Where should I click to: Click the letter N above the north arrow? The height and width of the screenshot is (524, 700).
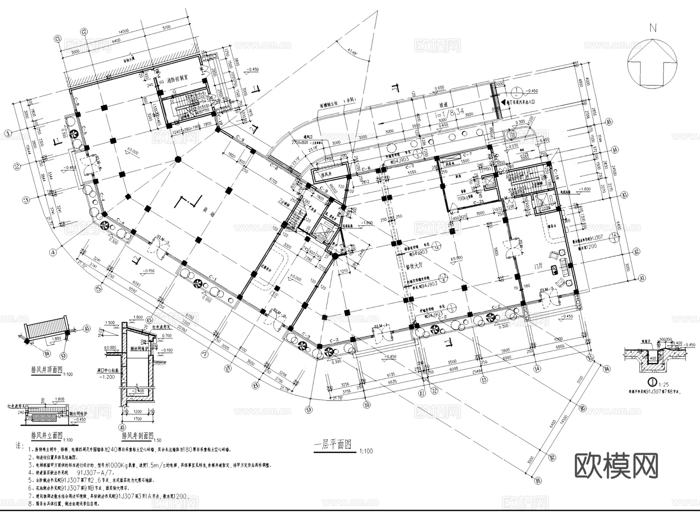[653, 28]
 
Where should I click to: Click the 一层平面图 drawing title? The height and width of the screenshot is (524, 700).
[332, 445]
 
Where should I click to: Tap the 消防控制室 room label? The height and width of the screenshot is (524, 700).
[177, 78]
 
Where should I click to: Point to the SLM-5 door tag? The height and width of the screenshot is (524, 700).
[547, 290]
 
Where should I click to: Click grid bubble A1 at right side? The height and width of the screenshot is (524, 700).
[642, 278]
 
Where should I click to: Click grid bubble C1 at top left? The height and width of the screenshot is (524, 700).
[58, 39]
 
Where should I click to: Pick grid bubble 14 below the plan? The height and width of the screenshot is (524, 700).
[537, 368]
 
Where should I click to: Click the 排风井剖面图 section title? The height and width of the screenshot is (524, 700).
[138, 435]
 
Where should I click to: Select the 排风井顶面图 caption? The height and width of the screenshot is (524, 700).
[46, 370]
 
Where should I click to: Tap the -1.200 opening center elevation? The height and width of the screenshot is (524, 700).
[107, 377]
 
